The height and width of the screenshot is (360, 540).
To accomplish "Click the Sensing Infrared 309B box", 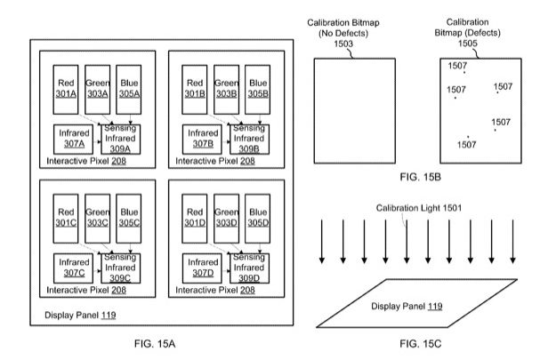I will point(249,139).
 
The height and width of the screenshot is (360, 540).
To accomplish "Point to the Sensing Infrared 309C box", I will point(121,267).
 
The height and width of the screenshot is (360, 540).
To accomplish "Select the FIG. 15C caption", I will point(415,340).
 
